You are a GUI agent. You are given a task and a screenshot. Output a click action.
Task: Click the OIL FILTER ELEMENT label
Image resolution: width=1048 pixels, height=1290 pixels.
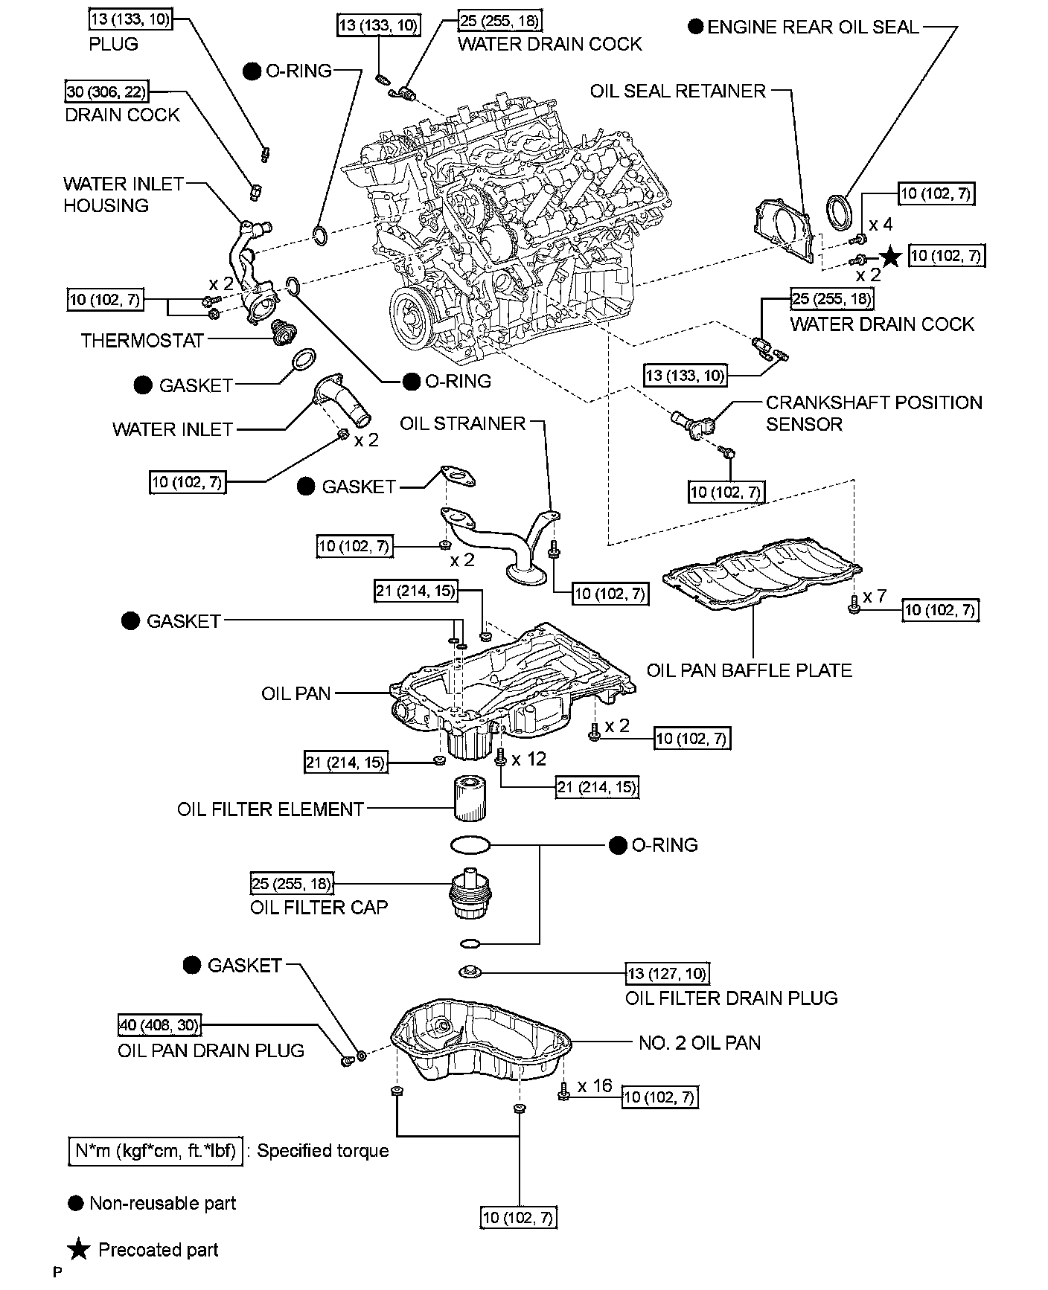pyautogui.click(x=270, y=809)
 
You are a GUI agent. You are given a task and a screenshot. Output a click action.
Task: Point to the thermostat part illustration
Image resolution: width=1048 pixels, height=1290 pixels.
pyautogui.click(x=283, y=332)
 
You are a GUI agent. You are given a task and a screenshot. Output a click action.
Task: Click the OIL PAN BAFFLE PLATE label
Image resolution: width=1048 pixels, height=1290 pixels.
pyautogui.click(x=749, y=670)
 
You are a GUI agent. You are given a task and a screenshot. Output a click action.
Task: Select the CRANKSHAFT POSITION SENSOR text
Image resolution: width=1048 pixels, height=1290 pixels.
pyautogui.click(x=874, y=413)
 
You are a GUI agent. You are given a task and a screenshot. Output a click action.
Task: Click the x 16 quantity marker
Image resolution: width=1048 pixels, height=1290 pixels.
pyautogui.click(x=595, y=1085)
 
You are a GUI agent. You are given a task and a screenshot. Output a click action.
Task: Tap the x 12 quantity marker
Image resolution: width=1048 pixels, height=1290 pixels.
pyautogui.click(x=528, y=759)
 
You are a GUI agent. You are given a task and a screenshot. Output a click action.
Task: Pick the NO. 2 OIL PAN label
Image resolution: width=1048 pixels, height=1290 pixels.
pyautogui.click(x=700, y=1042)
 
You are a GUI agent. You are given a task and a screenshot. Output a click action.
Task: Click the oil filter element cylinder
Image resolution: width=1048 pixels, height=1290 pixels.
pyautogui.click(x=469, y=798)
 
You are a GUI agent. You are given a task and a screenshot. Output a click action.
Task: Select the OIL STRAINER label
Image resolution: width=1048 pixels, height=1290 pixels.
pyautogui.click(x=463, y=423)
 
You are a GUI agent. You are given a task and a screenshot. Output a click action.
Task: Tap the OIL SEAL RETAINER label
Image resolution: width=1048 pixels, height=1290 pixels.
pyautogui.click(x=677, y=91)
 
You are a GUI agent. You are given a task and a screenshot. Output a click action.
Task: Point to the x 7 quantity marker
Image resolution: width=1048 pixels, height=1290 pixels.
pyautogui.click(x=875, y=596)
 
